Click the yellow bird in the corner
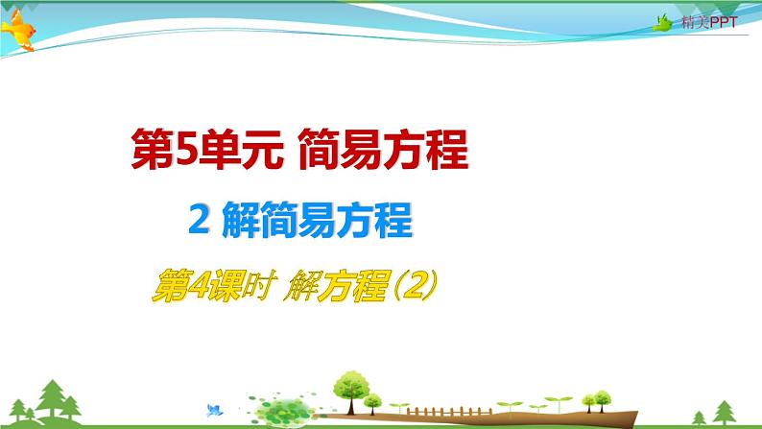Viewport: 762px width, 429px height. pyautogui.click(x=18, y=30)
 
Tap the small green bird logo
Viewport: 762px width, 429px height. pyautogui.click(x=663, y=23)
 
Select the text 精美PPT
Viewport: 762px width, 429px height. pyautogui.click(x=709, y=22)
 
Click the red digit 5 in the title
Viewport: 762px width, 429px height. pyautogui.click(x=185, y=149)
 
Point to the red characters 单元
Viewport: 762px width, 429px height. pyautogui.click(x=240, y=149)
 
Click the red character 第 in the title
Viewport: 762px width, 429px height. pyautogui.click(x=153, y=149)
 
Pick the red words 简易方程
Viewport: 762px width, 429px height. pyautogui.click(x=383, y=149)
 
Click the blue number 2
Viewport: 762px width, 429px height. pyautogui.click(x=199, y=220)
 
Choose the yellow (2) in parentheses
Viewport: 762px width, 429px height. pyautogui.click(x=415, y=285)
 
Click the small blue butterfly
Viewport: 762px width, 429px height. pyautogui.click(x=214, y=410)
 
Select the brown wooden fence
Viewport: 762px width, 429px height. pyautogui.click(x=448, y=412)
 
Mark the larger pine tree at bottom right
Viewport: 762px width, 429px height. pyautogui.click(x=725, y=412)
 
